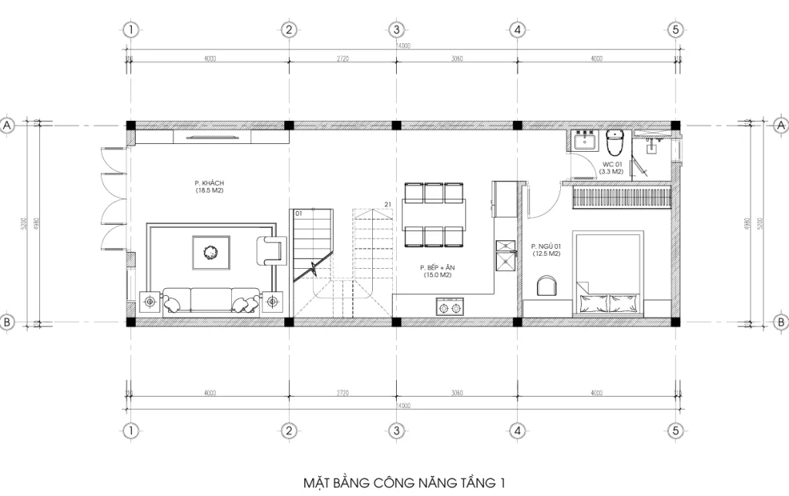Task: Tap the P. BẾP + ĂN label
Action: tap(435, 270)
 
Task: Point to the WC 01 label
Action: tap(612, 168)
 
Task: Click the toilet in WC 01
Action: tap(615, 143)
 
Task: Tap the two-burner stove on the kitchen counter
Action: tap(449, 308)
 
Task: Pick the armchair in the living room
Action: tap(270, 250)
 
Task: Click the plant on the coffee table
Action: tap(210, 252)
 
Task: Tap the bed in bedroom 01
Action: tap(609, 273)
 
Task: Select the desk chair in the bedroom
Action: tap(546, 287)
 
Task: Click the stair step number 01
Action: tap(298, 213)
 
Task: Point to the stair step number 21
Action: tap(388, 205)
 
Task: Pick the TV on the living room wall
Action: tap(212, 137)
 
